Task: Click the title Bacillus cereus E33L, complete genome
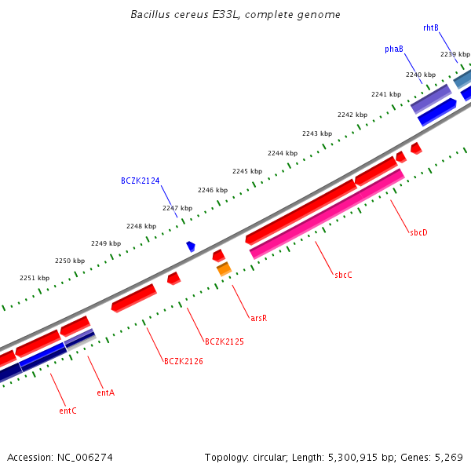pos(235,15)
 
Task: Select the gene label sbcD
pos(418,232)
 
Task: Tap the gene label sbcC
pos(344,275)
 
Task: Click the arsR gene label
pos(258,318)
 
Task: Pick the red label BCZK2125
pos(224,341)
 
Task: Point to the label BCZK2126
pos(183,361)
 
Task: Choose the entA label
pos(105,392)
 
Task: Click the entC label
pos(68,411)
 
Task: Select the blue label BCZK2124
pos(140,181)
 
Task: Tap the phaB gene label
pos(394,49)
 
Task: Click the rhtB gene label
pos(430,27)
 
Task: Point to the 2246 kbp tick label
pos(212,190)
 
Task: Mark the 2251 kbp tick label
pos(35,278)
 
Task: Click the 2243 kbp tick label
pos(316,133)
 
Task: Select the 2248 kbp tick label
pos(141,226)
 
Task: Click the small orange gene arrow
pos(224,269)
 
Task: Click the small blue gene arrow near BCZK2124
pos(191,246)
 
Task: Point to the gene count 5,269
pos(453,456)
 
